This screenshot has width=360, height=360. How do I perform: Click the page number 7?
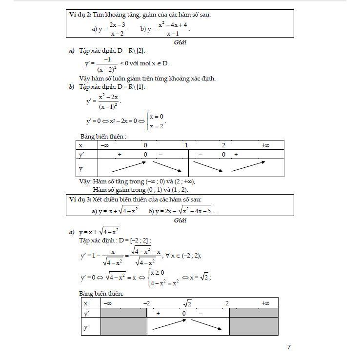tap(289, 347)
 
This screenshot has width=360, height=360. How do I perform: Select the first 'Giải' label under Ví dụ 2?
tap(180, 42)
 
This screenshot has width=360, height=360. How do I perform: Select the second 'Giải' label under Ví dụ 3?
tap(180, 220)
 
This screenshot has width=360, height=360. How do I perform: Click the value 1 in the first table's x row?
tap(186, 145)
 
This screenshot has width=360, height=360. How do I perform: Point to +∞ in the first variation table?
tap(265, 145)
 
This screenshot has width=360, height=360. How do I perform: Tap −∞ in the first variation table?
tap(105, 145)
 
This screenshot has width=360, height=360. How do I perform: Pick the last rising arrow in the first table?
tap(248, 166)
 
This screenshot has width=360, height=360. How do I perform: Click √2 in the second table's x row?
tap(187, 303)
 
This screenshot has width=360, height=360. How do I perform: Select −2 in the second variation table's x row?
tap(146, 303)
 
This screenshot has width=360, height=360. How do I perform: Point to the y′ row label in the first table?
tap(81, 155)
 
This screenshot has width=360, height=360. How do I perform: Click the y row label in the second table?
tap(86, 327)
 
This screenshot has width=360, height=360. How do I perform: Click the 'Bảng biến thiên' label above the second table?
tap(101, 293)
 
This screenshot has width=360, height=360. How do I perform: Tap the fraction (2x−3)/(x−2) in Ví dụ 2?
tap(117, 29)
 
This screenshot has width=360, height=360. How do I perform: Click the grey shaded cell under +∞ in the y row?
tap(253, 327)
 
